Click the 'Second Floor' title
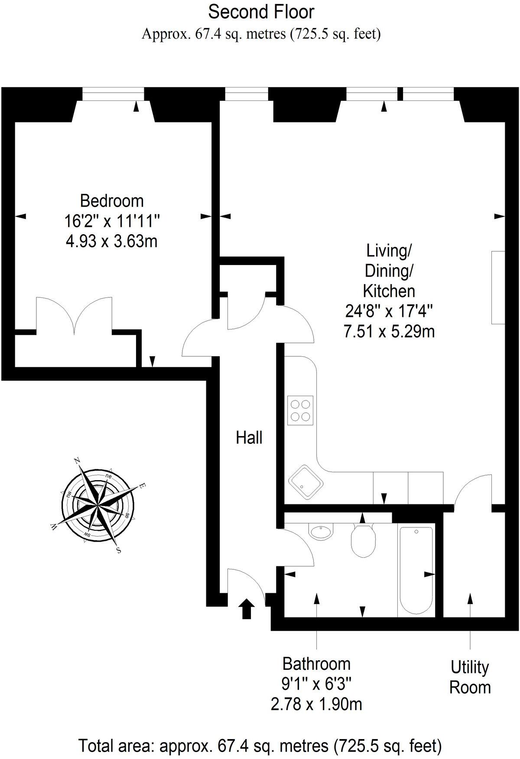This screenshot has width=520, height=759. (261, 12)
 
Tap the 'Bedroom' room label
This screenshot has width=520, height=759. (112, 201)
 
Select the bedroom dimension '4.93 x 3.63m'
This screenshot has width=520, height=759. (111, 241)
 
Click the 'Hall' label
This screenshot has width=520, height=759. (249, 438)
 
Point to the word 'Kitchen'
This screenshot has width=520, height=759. (389, 291)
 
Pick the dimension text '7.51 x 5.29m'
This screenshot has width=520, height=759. (389, 332)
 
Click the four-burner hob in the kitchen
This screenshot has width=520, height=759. (300, 410)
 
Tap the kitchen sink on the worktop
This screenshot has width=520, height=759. (305, 484)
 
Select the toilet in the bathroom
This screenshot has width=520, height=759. (363, 540)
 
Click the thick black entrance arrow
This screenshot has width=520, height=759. (247, 609)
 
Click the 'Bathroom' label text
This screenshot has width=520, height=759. (316, 664)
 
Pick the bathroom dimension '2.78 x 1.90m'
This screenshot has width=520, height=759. (316, 704)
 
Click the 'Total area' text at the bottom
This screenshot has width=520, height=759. (260, 746)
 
